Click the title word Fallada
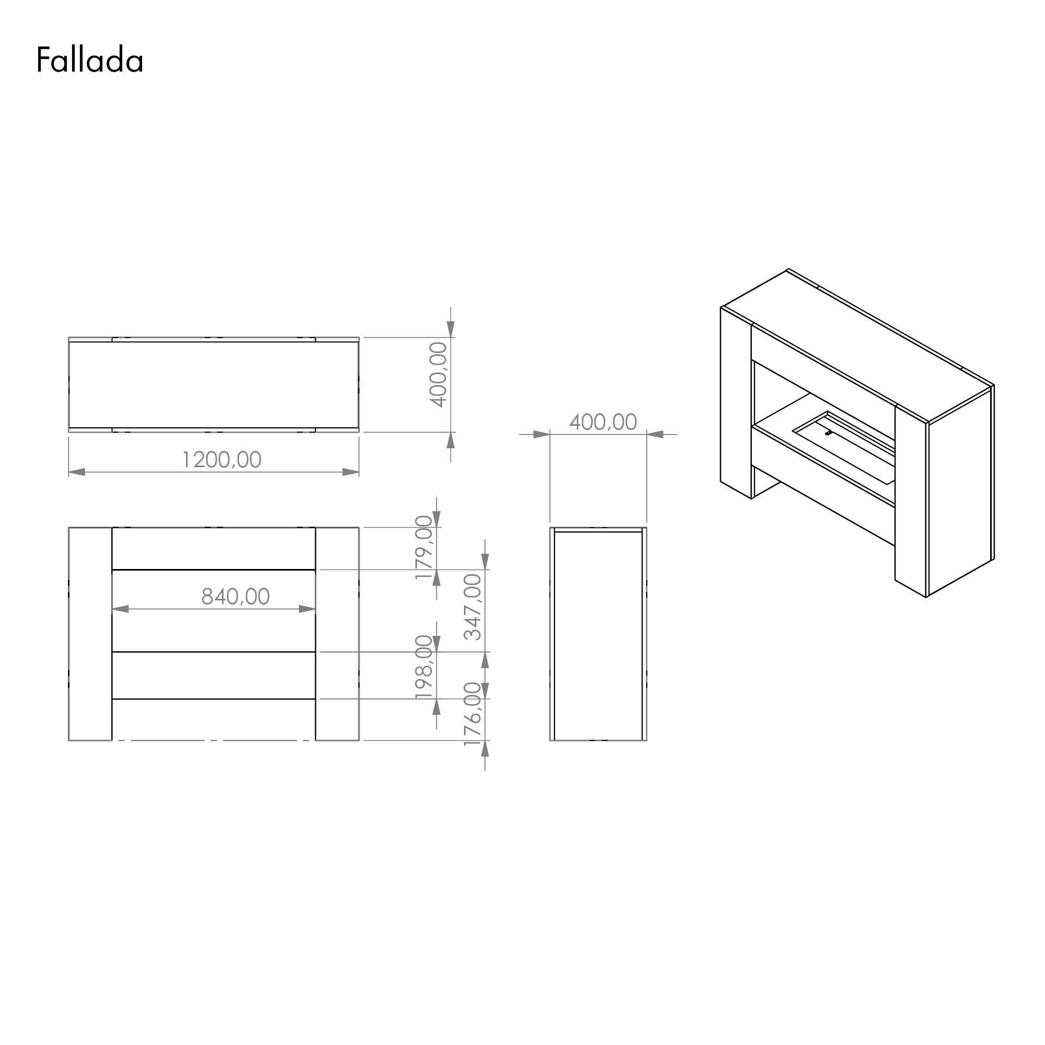point(90,60)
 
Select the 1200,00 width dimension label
point(222,460)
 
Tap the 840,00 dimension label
point(235,597)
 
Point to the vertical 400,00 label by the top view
point(439,374)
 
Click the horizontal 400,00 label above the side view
point(603,422)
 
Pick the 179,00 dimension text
point(425,548)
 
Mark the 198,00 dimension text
point(425,667)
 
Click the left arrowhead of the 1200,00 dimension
point(77,472)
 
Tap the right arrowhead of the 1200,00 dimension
point(351,472)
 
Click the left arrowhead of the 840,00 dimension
point(120,609)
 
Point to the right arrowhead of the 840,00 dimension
point(307,609)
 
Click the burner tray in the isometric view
point(844,447)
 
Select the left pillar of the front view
point(90,633)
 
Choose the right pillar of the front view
point(337,633)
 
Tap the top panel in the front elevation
point(214,548)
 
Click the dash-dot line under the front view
point(214,740)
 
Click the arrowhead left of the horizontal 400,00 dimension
point(541,434)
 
